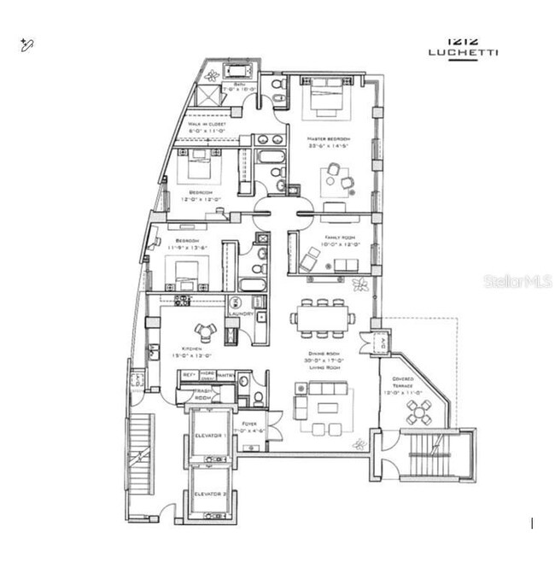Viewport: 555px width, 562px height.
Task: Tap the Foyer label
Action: point(249,423)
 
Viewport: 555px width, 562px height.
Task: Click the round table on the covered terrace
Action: point(419,413)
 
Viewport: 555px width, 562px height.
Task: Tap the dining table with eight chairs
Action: point(323,317)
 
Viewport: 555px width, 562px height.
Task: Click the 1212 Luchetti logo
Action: point(464,46)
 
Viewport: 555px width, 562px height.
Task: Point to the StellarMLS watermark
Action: point(518,281)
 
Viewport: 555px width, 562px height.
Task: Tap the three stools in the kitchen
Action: point(205,330)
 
